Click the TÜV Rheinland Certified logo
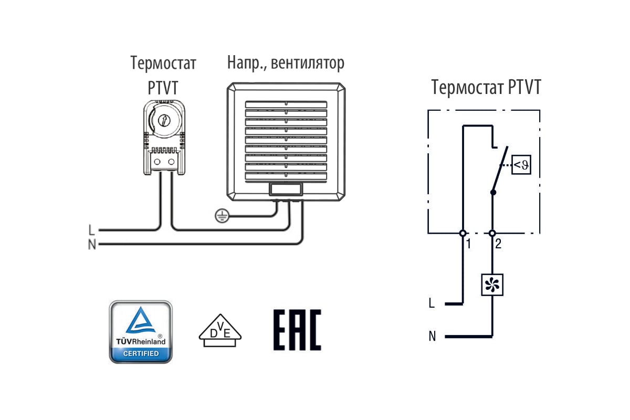pyautogui.click(x=140, y=332)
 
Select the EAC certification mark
pyautogui.click(x=297, y=330)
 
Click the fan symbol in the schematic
pyautogui.click(x=492, y=285)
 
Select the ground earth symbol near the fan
pyautogui.click(x=220, y=215)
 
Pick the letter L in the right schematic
pyautogui.click(x=432, y=303)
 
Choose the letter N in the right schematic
pyautogui.click(x=432, y=337)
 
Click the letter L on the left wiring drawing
pyautogui.click(x=92, y=230)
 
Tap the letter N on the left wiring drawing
pyautogui.click(x=92, y=245)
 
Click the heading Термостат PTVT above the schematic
pyautogui.click(x=486, y=87)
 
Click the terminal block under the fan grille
pyautogui.click(x=285, y=190)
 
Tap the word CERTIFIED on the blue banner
pyautogui.click(x=140, y=353)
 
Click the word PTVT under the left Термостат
pyautogui.click(x=163, y=88)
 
